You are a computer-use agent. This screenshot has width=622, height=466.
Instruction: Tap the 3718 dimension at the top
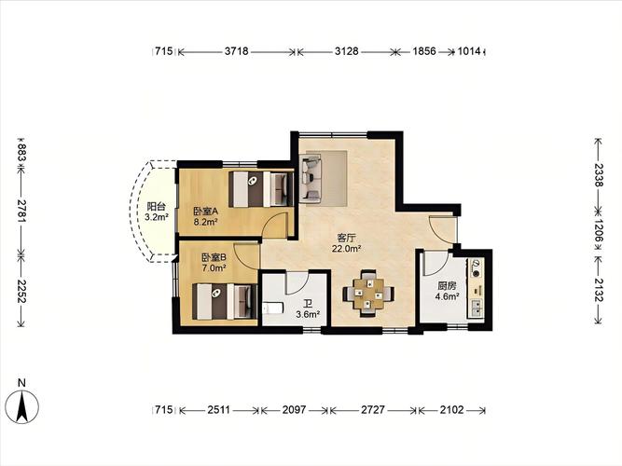pyautogui.click(x=237, y=51)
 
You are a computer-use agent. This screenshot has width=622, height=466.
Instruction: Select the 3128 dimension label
pyautogui.click(x=346, y=51)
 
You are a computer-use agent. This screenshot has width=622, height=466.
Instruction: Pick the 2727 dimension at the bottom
pyautogui.click(x=372, y=409)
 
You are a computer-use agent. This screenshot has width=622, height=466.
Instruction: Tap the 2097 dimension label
pyautogui.click(x=295, y=409)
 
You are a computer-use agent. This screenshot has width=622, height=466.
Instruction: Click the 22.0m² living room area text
pyautogui.click(x=346, y=249)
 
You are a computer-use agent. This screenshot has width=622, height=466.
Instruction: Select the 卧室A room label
pyautogui.click(x=205, y=212)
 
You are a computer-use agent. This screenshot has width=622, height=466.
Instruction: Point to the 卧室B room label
pyautogui.click(x=214, y=257)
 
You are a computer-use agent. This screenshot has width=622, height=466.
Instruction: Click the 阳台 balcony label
pyautogui.click(x=156, y=207)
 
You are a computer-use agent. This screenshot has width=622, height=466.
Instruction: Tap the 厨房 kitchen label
pyautogui.click(x=447, y=285)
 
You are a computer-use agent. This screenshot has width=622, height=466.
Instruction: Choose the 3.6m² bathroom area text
pyautogui.click(x=308, y=314)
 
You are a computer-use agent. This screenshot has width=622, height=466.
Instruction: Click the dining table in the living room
pyautogui.click(x=368, y=294)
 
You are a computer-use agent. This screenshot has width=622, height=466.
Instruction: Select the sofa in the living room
pyautogui.click(x=311, y=177)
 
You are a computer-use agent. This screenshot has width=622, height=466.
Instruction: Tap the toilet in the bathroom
pyautogui.click(x=272, y=308)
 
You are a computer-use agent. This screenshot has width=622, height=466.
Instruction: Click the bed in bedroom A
pyautogui.click(x=260, y=189)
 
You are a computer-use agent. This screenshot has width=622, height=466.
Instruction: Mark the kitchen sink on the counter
pyautogui.click(x=476, y=307)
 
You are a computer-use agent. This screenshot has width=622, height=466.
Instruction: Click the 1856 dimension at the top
pyautogui.click(x=424, y=51)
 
